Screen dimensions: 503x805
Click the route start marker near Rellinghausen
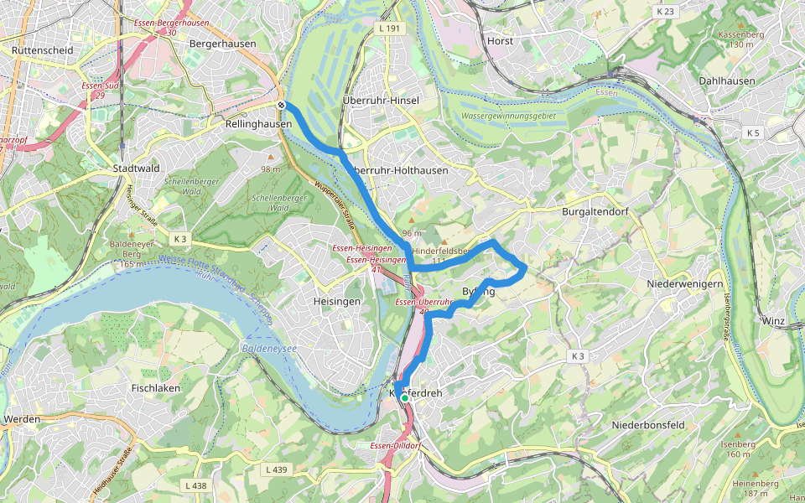(x=282, y=105)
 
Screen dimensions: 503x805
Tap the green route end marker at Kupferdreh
(x=404, y=399)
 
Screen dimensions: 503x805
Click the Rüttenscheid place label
(x=43, y=50)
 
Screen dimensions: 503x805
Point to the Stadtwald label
(x=136, y=169)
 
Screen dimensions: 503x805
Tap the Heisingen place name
(x=336, y=301)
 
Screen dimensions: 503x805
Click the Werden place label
(x=22, y=418)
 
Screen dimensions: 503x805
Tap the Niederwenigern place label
(x=684, y=284)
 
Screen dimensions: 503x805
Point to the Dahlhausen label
(x=726, y=81)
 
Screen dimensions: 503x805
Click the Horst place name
(x=500, y=40)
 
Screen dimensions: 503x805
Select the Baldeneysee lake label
(x=264, y=345)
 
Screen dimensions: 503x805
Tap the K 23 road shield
(x=666, y=12)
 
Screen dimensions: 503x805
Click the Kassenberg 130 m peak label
(x=740, y=39)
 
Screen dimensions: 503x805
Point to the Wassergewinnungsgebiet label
(x=509, y=115)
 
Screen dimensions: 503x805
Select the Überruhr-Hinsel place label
(x=381, y=101)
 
